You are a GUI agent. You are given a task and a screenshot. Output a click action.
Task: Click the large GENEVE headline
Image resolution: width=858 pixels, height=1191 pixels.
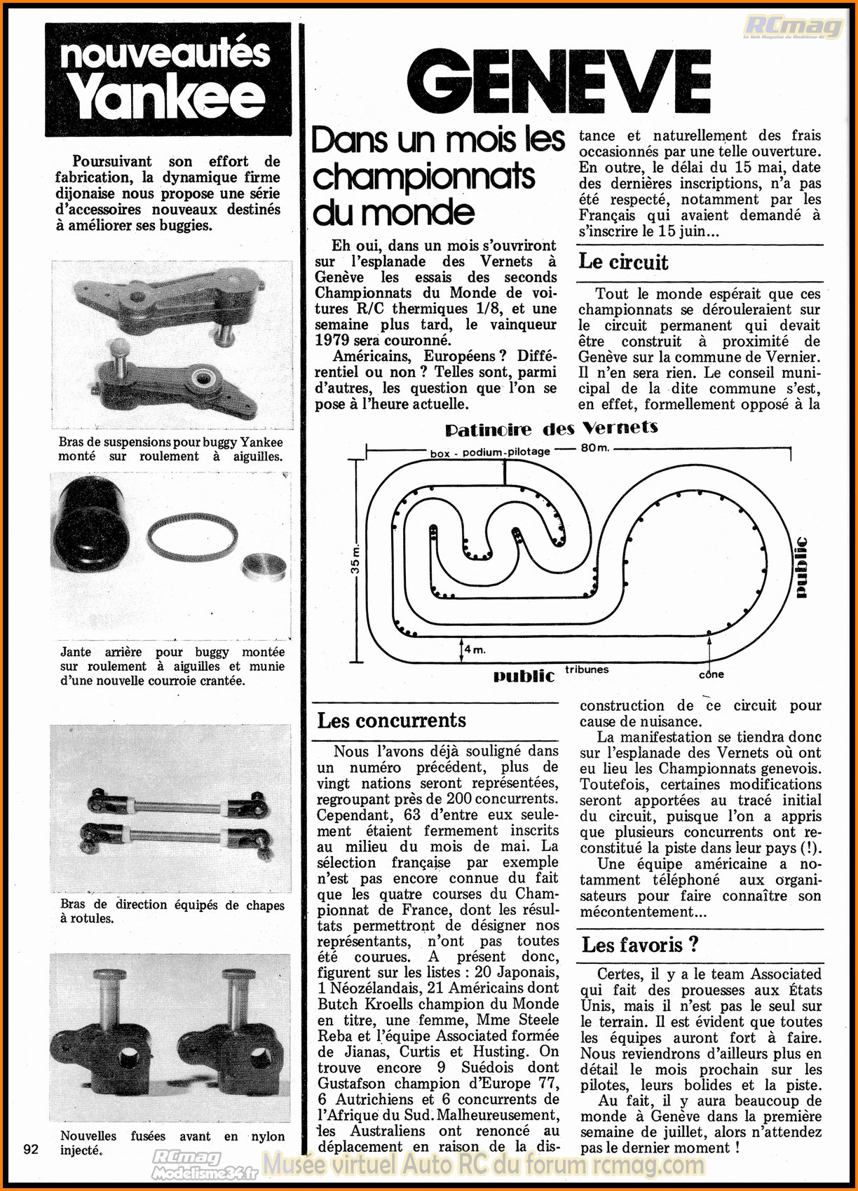click(559, 82)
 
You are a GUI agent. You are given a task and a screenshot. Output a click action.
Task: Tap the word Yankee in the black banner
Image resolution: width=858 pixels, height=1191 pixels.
click(167, 97)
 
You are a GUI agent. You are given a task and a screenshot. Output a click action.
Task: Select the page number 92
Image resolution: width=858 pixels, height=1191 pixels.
click(31, 1149)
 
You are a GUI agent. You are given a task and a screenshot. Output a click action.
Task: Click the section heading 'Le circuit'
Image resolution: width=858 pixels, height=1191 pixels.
click(622, 262)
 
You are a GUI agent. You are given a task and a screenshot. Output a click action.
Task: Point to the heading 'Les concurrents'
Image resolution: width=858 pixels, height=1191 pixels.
click(391, 721)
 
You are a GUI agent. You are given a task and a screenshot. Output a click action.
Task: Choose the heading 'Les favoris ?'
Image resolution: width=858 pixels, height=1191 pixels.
click(639, 945)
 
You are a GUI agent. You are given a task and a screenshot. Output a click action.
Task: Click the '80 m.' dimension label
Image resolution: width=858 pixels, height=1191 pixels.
click(594, 448)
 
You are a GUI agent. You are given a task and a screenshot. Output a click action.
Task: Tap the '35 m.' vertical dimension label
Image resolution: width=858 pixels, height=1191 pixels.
click(355, 559)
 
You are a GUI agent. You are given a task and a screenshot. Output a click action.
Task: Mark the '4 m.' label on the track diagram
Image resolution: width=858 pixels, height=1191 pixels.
click(475, 650)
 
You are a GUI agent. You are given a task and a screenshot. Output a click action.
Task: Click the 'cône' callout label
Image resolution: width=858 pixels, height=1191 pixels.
click(711, 674)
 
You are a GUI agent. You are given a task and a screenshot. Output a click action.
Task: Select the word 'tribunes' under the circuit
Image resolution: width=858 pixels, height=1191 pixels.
click(587, 669)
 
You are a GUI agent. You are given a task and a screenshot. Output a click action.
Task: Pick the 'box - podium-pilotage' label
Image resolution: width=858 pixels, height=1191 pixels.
click(489, 452)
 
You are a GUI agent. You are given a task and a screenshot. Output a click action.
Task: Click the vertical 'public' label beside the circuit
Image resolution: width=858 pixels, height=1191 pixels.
click(801, 567)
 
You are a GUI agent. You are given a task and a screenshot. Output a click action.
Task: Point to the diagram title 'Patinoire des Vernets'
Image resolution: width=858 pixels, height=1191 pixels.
click(551, 428)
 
